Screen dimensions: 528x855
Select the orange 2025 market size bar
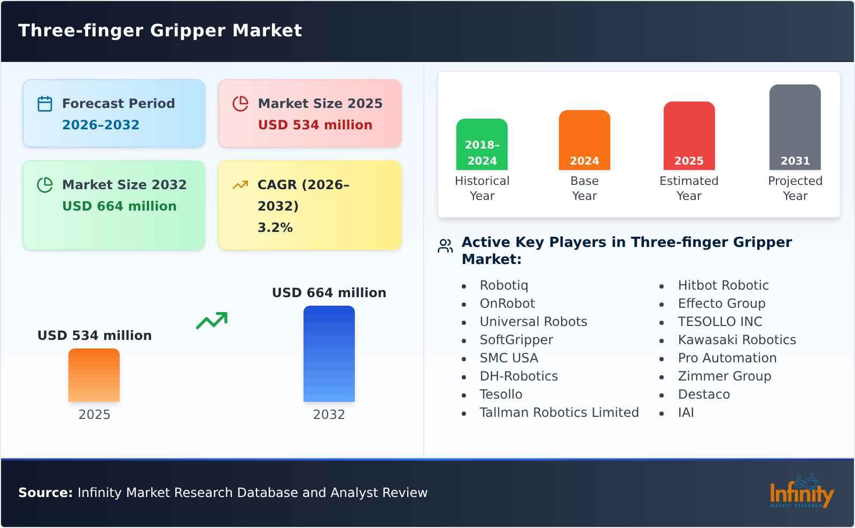click(x=94, y=375)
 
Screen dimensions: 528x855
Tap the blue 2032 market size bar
click(x=329, y=354)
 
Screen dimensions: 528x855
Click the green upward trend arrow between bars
click(x=212, y=321)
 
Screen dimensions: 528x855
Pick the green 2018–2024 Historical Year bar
click(x=481, y=144)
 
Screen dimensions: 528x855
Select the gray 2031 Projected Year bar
click(x=795, y=127)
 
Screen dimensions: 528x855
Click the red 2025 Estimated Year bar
click(x=689, y=136)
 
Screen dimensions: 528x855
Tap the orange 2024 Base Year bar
click(x=584, y=140)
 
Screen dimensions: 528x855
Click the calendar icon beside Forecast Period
click(x=45, y=104)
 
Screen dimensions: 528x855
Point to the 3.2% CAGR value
click(x=275, y=228)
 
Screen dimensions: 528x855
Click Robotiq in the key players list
click(x=503, y=285)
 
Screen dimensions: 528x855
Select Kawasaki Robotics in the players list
click(x=736, y=340)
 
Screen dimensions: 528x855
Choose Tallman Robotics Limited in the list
click(x=559, y=413)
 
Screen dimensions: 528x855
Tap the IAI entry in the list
click(x=686, y=413)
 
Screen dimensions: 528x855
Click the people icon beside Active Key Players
click(x=445, y=246)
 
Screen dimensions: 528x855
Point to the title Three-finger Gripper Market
click(x=160, y=30)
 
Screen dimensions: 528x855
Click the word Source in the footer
click(x=45, y=493)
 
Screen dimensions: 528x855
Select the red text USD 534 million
click(x=315, y=125)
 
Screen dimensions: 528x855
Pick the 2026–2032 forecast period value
click(x=100, y=125)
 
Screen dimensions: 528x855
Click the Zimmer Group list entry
click(x=724, y=376)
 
